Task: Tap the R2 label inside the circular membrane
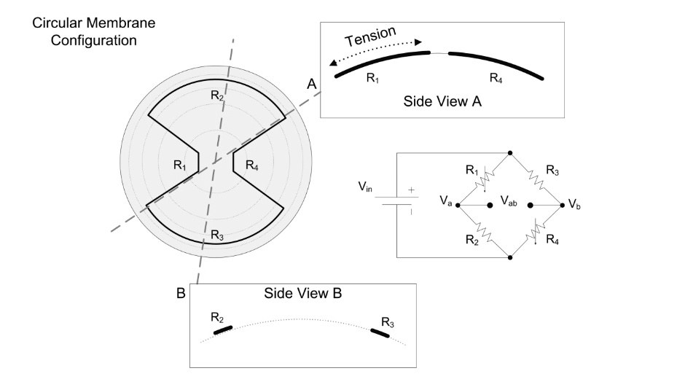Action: click(216, 95)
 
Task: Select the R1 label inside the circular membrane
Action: click(180, 165)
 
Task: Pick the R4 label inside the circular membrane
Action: click(251, 165)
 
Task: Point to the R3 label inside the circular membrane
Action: click(216, 235)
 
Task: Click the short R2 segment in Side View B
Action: click(223, 330)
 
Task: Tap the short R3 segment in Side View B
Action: click(380, 332)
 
